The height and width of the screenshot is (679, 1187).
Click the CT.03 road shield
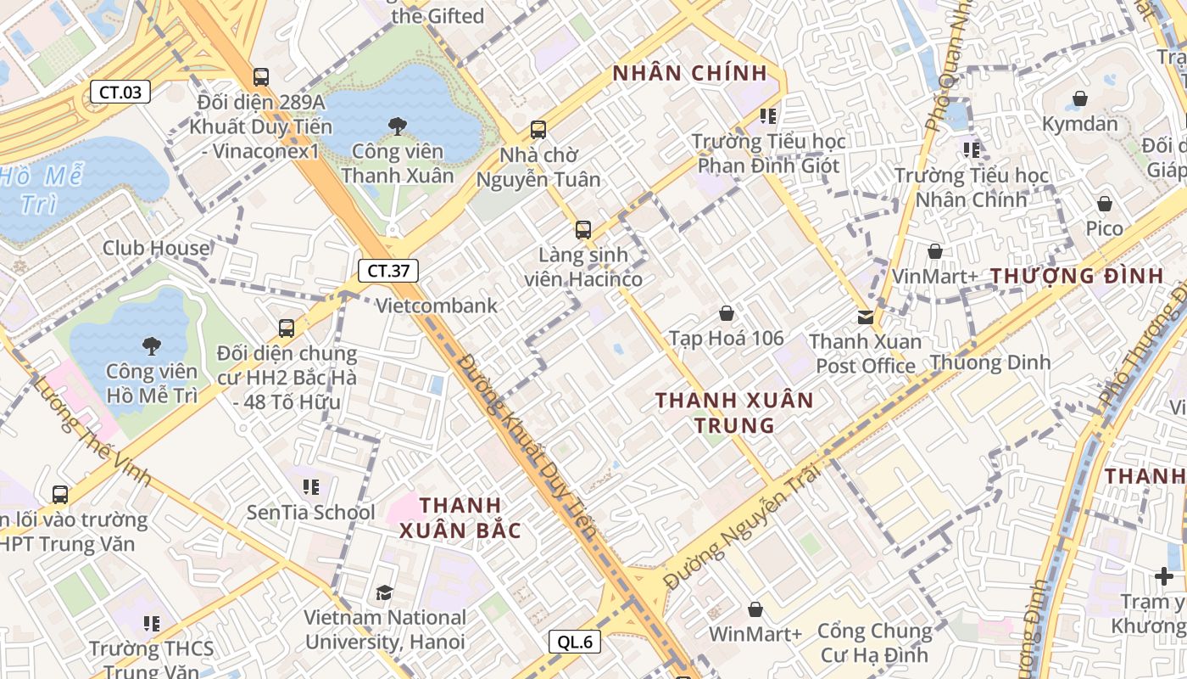pyautogui.click(x=120, y=92)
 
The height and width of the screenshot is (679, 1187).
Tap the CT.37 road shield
pyautogui.click(x=388, y=271)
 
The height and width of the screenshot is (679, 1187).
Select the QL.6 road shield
pyautogui.click(x=575, y=642)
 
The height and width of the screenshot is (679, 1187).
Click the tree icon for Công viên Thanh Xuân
pyautogui.click(x=397, y=126)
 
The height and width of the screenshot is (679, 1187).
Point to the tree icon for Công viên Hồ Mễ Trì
pyautogui.click(x=152, y=345)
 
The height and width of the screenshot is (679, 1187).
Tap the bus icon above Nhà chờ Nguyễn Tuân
pyautogui.click(x=538, y=130)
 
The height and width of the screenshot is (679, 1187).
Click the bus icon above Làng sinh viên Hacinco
pyautogui.click(x=582, y=229)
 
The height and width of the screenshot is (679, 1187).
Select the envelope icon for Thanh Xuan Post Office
pyautogui.click(x=865, y=317)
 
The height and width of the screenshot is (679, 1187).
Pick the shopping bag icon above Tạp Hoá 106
pyautogui.click(x=726, y=313)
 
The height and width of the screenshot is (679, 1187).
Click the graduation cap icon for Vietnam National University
pyautogui.click(x=385, y=592)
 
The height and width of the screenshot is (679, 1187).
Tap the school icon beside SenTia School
pyautogui.click(x=311, y=487)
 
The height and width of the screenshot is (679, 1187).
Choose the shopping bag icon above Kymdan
pyautogui.click(x=1079, y=98)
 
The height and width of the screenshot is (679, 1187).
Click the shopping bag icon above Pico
pyautogui.click(x=1104, y=204)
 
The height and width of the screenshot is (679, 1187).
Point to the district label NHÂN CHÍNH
pyautogui.click(x=689, y=73)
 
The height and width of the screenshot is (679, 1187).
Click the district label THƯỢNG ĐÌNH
pyautogui.click(x=1077, y=276)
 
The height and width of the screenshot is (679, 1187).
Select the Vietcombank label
pyautogui.click(x=437, y=306)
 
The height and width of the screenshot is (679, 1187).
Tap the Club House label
pyautogui.click(x=156, y=248)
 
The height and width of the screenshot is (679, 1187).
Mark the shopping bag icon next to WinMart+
pyautogui.click(x=755, y=609)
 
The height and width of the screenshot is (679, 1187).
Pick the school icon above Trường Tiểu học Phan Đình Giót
pyautogui.click(x=768, y=115)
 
